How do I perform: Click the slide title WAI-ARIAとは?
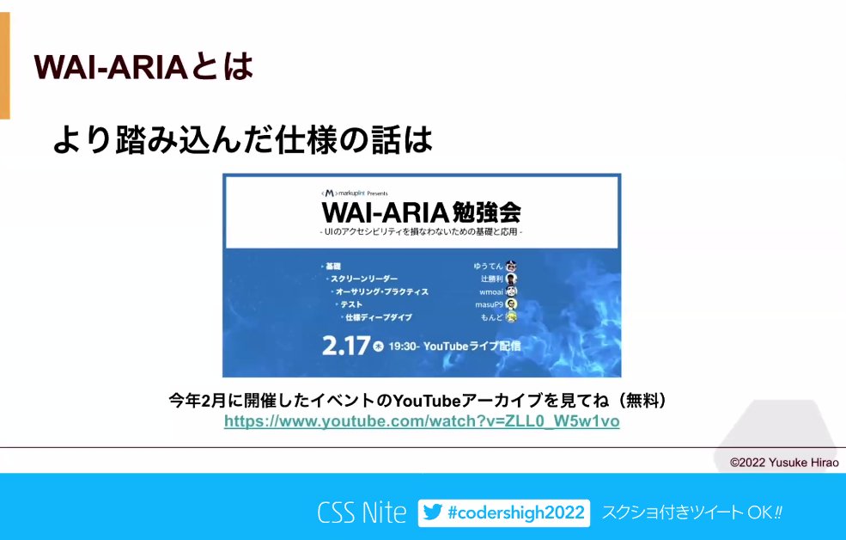[143, 65]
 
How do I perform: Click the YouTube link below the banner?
[422, 421]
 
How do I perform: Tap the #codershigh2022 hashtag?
[516, 513]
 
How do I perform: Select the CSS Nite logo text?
[362, 513]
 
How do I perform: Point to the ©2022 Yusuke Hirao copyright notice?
[784, 462]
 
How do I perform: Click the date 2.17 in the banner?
[345, 346]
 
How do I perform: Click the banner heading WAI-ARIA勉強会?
[422, 212]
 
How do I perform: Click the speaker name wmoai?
[491, 291]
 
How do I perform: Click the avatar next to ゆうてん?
[511, 266]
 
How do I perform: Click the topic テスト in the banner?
[350, 304]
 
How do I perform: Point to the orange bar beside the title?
[4, 65]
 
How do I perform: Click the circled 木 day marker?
[378, 347]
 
